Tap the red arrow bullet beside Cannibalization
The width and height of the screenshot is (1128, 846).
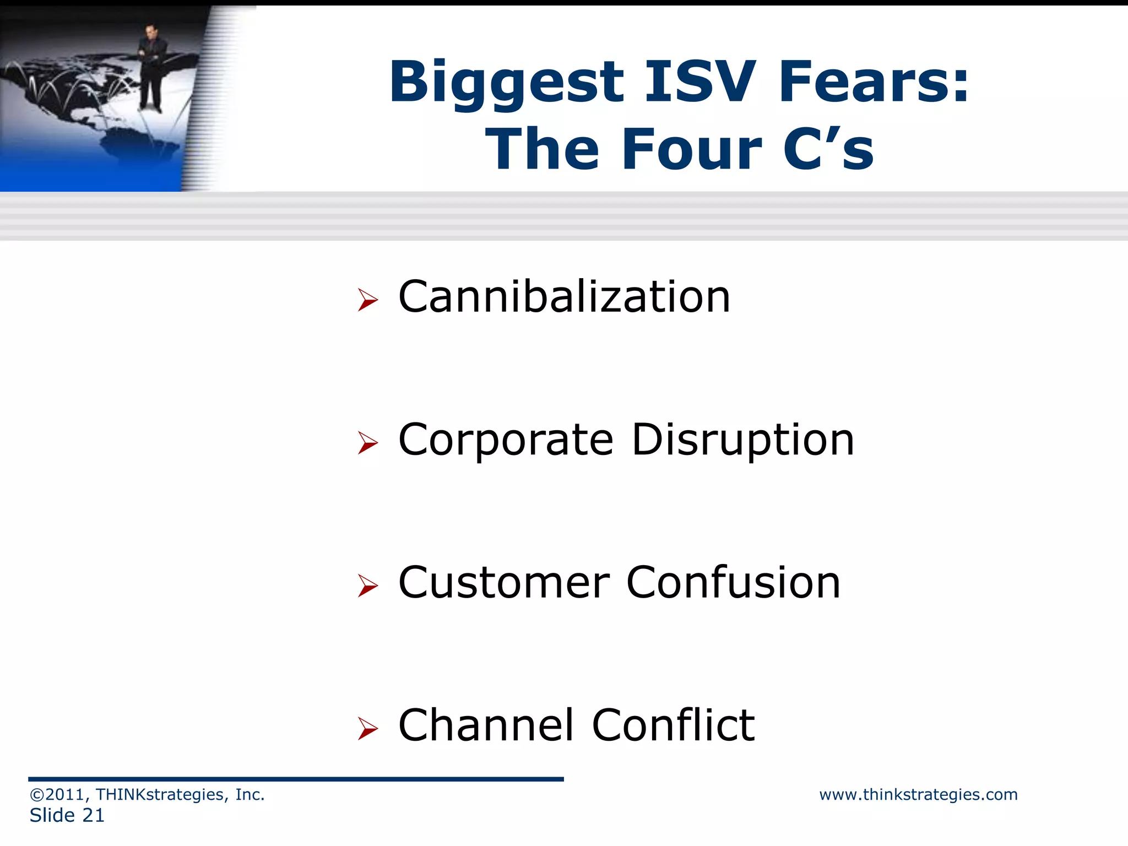(367, 300)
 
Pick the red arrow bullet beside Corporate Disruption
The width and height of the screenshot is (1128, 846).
(367, 442)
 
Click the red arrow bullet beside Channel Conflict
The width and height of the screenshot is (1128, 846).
(367, 728)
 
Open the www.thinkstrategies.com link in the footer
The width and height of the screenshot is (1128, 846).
(918, 794)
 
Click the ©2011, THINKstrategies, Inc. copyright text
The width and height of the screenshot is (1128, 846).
(147, 794)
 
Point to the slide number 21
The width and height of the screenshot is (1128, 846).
(93, 815)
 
